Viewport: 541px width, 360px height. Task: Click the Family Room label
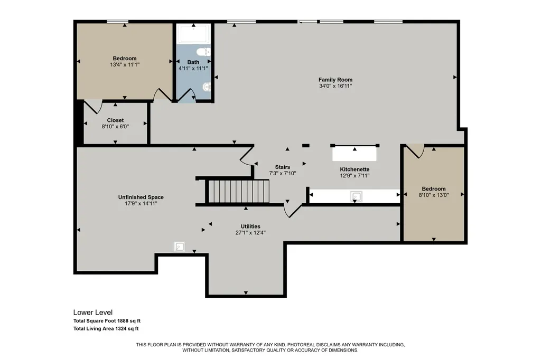coord(335,80)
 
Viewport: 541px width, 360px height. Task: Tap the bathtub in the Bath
coord(193,33)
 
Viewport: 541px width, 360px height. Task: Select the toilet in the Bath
coord(203,52)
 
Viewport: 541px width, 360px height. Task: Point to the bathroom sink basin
coord(207,87)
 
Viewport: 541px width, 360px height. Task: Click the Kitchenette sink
coord(356,196)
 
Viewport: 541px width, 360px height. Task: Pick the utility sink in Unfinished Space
coord(180,247)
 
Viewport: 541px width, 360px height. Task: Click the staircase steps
coord(238,192)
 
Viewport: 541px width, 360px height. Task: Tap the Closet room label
coord(115,120)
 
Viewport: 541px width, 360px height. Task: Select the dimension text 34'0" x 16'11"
coord(335,86)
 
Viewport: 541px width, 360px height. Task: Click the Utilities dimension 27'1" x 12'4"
coord(250,233)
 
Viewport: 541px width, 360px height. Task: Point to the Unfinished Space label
coord(141,197)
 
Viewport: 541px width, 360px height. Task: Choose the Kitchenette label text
coord(355,169)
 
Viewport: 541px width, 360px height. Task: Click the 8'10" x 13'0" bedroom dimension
coord(434,195)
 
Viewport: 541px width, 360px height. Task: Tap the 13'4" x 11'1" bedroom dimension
coord(125,65)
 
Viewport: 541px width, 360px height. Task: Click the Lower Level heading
coord(93,312)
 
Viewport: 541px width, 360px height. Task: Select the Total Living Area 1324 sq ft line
coord(106,329)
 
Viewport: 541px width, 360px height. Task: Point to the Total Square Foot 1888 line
coord(107,321)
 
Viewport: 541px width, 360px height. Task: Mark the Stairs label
coord(283,167)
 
